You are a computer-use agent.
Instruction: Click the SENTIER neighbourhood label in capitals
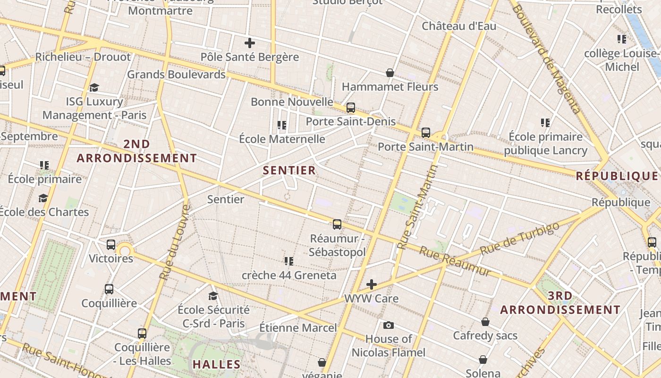coord(289,171)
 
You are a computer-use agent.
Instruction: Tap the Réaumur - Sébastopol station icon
coord(337,224)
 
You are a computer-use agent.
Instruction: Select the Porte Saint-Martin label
coord(425,147)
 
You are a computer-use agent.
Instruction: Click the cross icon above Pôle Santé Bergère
coord(250,43)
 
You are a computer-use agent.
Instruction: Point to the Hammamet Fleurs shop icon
coord(390,73)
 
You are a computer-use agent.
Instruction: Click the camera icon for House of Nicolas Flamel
coord(389,325)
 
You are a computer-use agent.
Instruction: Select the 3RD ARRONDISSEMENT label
coord(560,303)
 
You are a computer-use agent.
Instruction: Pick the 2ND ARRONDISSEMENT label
coord(136,151)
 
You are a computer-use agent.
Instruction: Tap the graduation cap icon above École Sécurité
coord(213,296)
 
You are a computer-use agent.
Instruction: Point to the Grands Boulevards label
coord(176,74)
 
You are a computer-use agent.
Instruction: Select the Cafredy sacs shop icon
coord(485,322)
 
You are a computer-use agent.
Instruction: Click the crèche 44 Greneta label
coord(289,275)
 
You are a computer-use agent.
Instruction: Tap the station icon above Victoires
coord(111,244)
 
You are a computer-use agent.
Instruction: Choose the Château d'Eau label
coord(459,26)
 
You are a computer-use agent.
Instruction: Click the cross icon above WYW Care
coord(372,284)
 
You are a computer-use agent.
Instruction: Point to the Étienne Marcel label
coord(298,327)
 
